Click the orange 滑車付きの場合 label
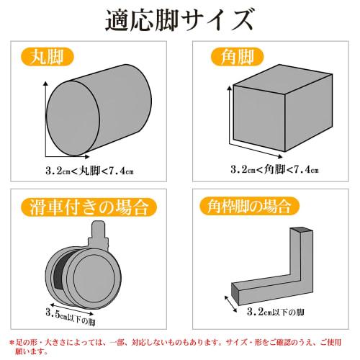click(x=89, y=208)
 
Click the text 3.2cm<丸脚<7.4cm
click(x=89, y=171)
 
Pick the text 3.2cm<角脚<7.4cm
click(x=274, y=171)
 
